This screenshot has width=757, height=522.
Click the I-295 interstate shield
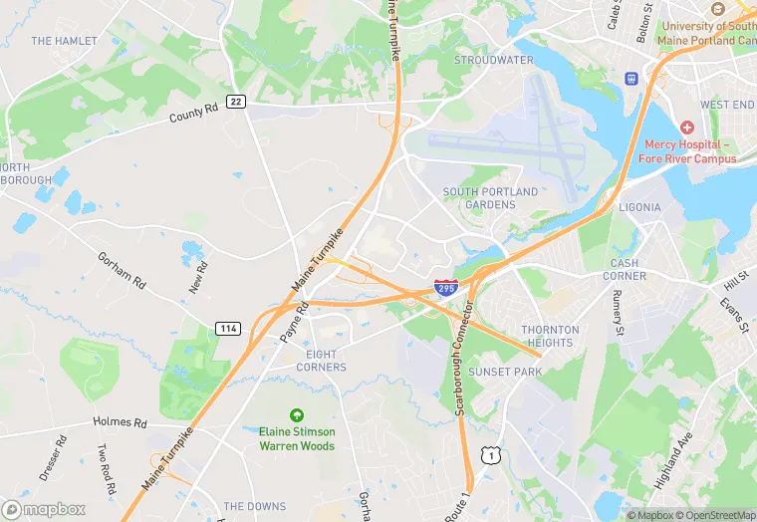(x=446, y=288)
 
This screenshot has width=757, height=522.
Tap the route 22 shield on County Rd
(x=236, y=102)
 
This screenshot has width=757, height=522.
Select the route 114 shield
(x=226, y=328)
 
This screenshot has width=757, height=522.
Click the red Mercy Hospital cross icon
(x=686, y=129)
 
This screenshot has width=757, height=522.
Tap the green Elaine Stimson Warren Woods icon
(x=296, y=414)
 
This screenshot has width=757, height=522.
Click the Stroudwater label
(x=493, y=60)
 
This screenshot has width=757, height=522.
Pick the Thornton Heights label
(x=550, y=336)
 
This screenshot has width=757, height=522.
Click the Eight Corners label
(x=321, y=361)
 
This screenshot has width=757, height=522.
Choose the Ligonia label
(x=638, y=207)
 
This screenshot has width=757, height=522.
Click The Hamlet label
(x=64, y=41)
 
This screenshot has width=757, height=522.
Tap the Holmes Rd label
(x=120, y=421)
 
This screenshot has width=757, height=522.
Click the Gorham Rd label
(x=122, y=269)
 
